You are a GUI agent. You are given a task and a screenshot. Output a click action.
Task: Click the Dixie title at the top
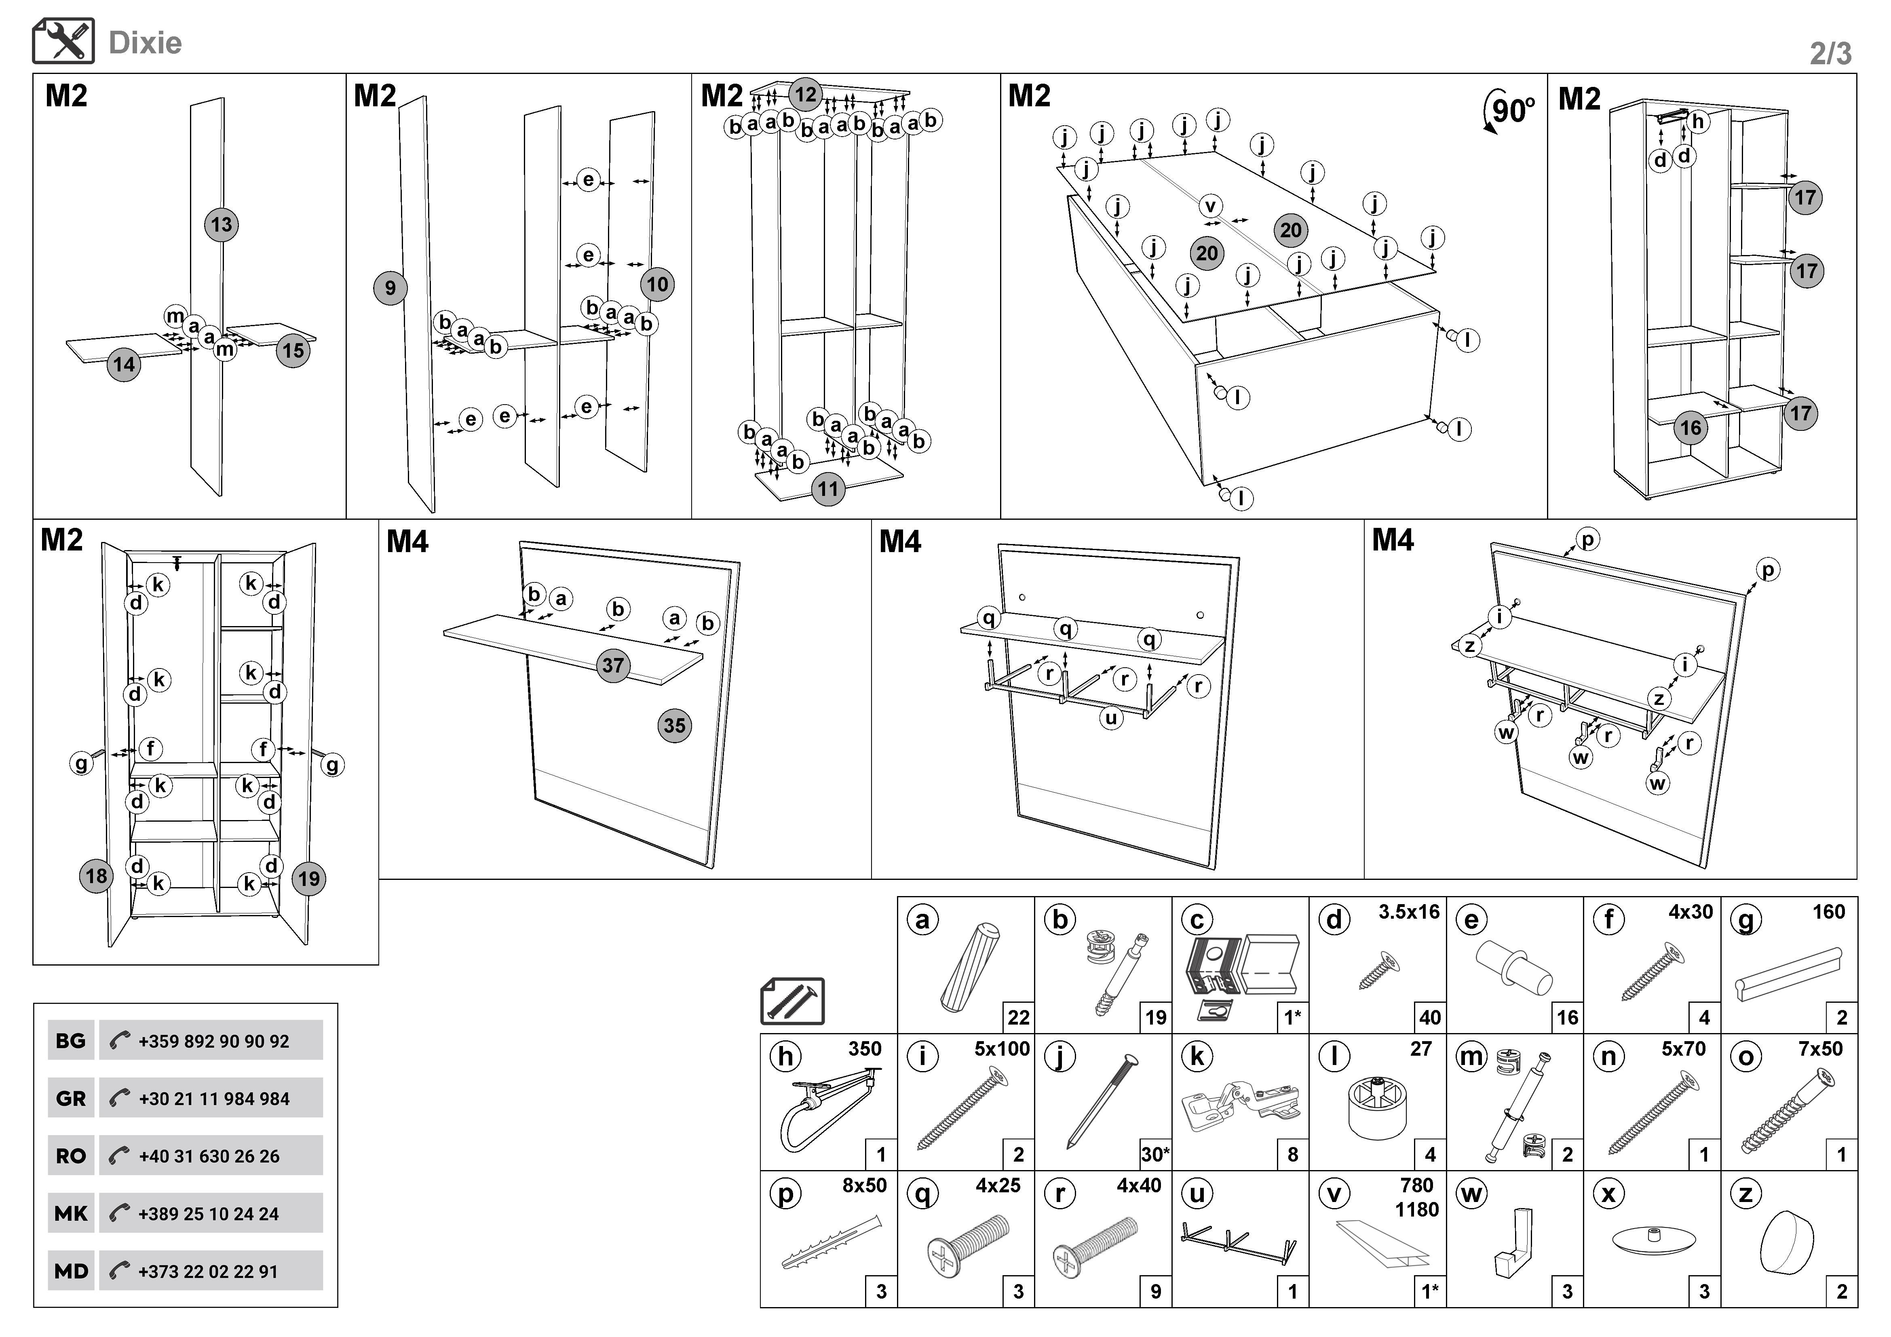[x=145, y=43]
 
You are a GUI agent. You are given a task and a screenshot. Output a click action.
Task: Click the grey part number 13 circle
[x=221, y=225]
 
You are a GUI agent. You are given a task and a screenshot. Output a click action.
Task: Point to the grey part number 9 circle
[x=390, y=288]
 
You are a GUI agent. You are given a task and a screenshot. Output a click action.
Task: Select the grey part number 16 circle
[x=1690, y=427]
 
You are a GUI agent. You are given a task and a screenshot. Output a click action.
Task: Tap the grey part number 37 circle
[x=613, y=665]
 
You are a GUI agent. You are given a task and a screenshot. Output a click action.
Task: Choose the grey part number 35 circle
[x=675, y=725]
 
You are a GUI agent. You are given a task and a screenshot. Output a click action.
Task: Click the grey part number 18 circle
[x=96, y=875]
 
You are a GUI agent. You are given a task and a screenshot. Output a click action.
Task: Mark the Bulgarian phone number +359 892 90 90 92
[x=213, y=1042]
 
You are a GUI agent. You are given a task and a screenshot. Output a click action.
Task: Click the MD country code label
[x=71, y=1271]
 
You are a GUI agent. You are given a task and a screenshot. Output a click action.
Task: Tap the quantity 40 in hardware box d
[x=1430, y=1018]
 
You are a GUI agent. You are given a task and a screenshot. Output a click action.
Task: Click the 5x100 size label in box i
[x=1002, y=1049]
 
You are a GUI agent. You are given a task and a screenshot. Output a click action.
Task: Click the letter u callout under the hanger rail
[x=1111, y=718]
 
